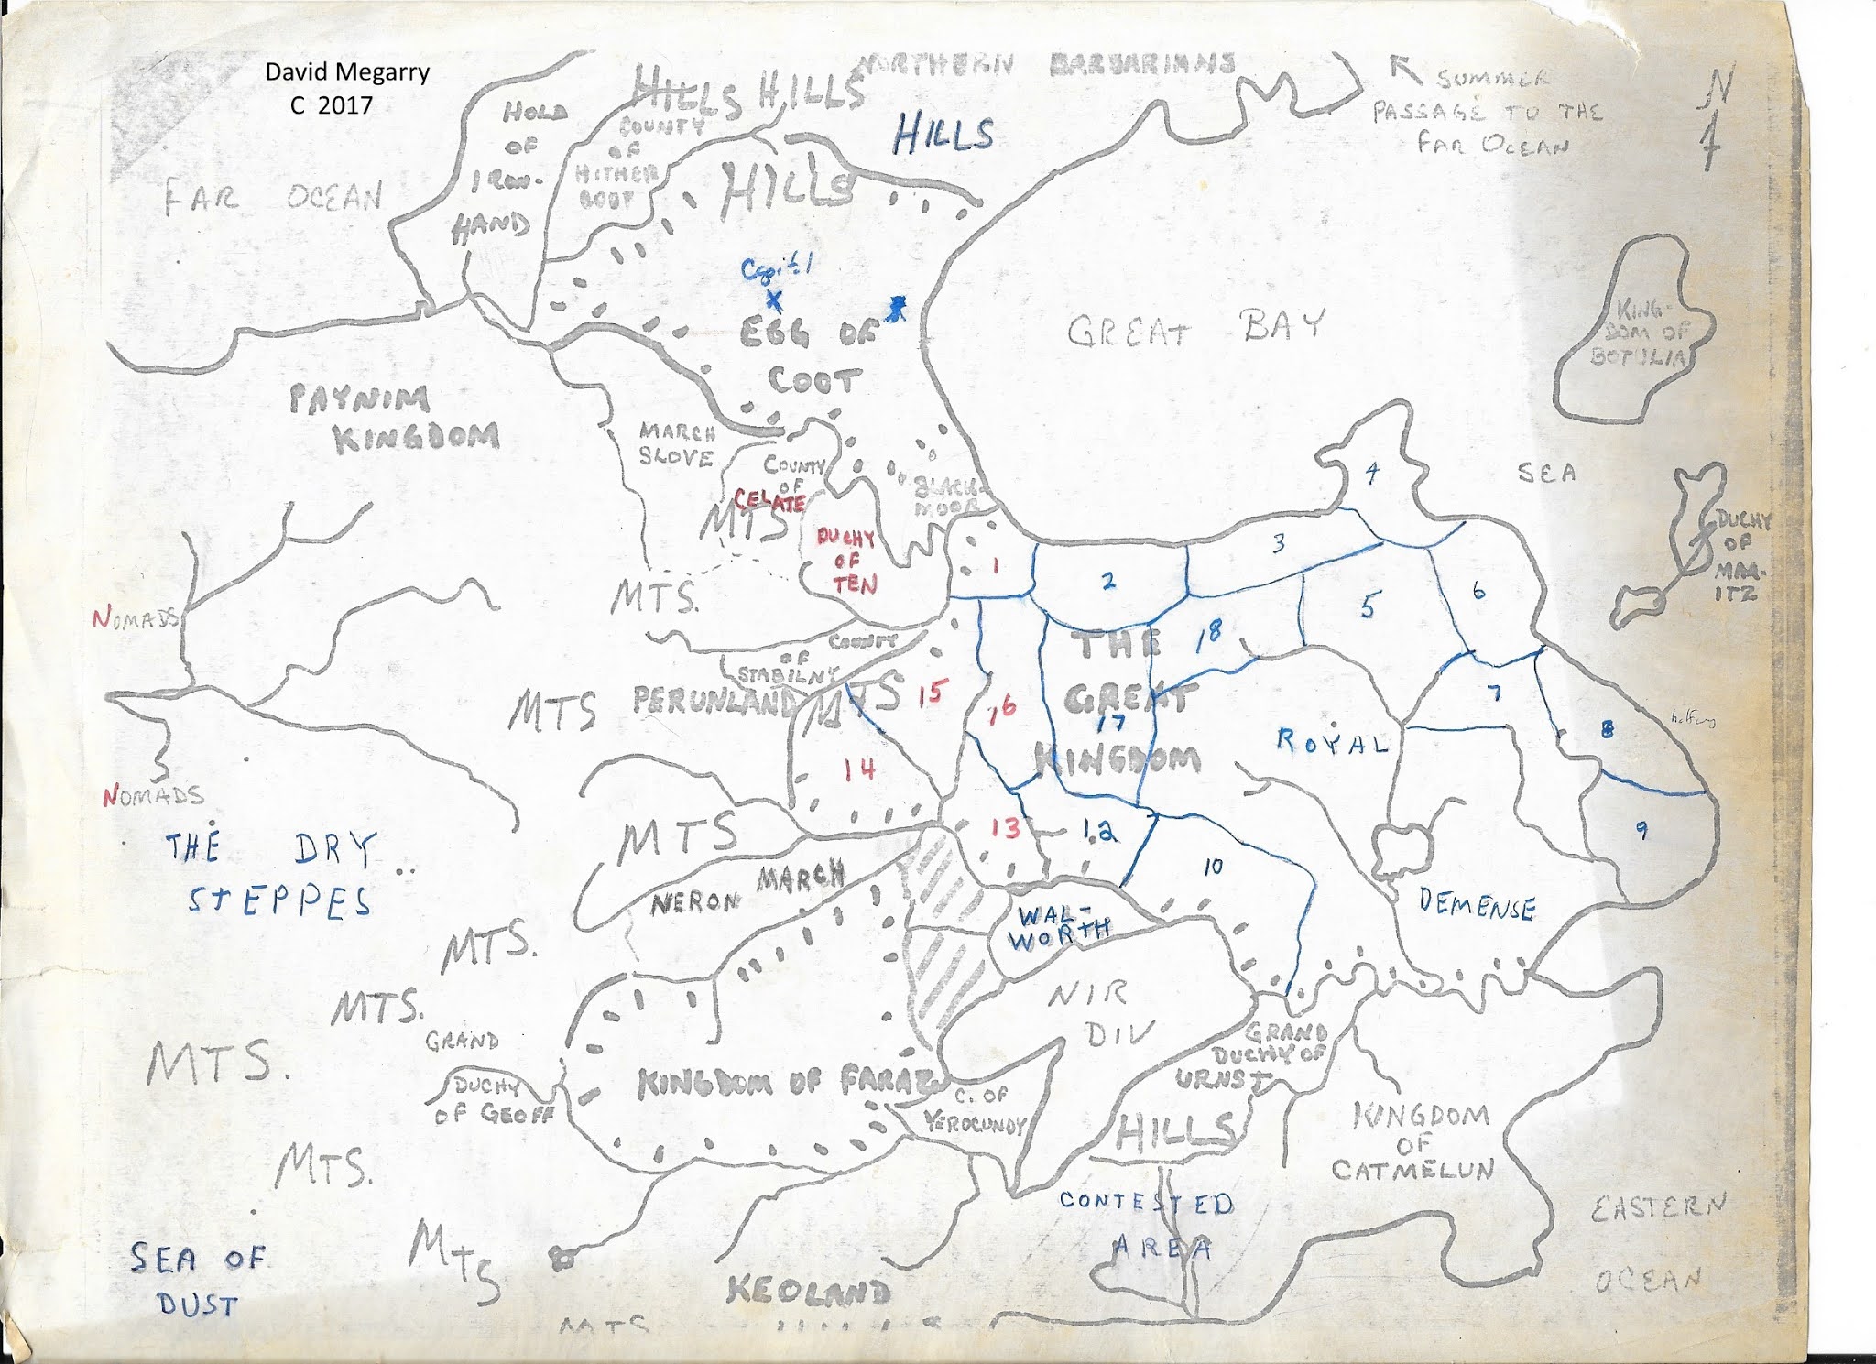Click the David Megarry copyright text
point(346,88)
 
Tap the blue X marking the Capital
point(774,300)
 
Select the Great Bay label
point(1195,328)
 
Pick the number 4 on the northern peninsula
point(1371,473)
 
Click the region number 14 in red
point(859,769)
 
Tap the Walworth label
point(1061,927)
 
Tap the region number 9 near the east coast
point(1641,830)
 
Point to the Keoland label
point(808,1291)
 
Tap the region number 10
point(1213,866)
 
